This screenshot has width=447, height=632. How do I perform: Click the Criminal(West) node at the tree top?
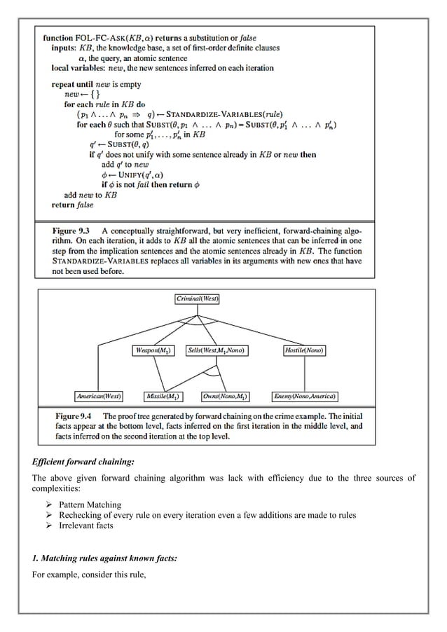coord(198,299)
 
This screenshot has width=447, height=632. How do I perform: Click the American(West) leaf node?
coord(99,396)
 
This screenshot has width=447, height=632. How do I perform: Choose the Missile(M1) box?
coord(161,396)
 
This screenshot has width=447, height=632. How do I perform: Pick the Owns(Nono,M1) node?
coord(225,396)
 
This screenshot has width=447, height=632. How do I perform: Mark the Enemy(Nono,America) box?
coord(305,396)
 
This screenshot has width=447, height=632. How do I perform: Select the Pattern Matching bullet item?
coord(90,504)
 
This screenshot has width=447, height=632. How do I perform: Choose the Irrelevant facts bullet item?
coord(85,525)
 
